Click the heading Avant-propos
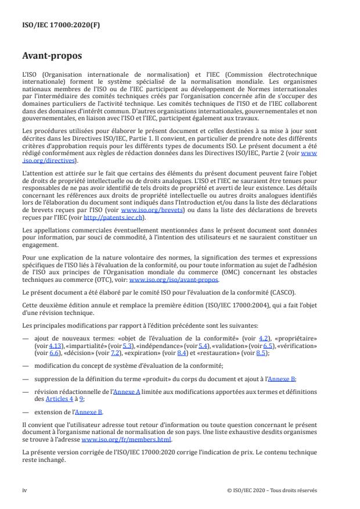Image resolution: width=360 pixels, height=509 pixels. click(52, 57)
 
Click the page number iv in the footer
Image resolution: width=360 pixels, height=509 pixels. click(24, 490)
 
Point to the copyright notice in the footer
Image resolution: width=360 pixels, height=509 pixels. click(272, 490)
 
